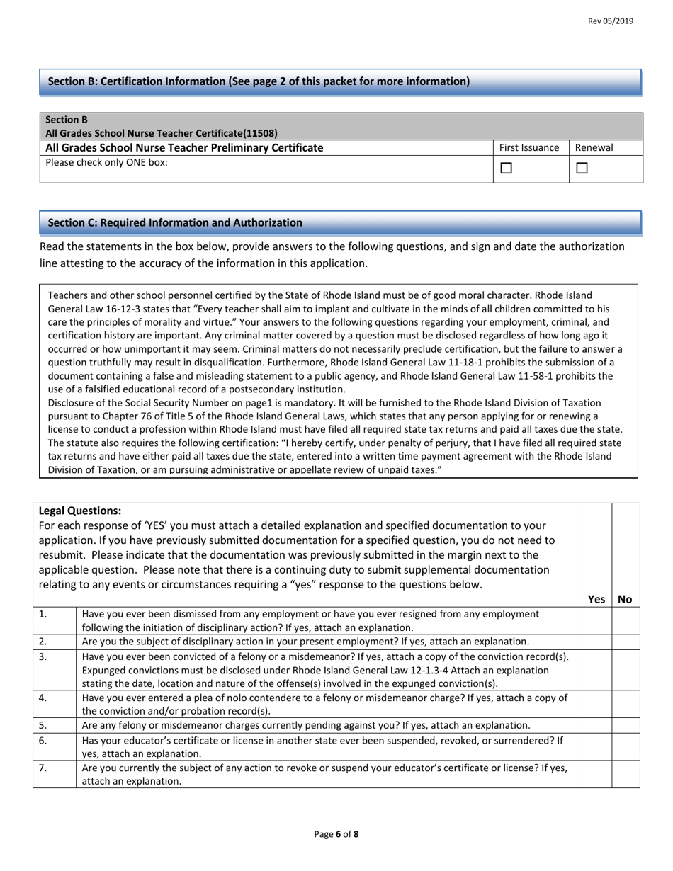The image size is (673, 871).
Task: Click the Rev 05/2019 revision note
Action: [x=611, y=21]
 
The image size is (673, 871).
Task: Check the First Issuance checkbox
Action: [x=506, y=169]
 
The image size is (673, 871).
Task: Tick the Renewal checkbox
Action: [x=582, y=169]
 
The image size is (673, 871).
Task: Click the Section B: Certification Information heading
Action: [x=258, y=81]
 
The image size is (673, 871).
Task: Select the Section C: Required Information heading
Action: [x=174, y=222]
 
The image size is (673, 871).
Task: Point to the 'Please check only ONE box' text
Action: [x=107, y=162]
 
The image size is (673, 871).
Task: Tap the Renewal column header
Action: [x=594, y=148]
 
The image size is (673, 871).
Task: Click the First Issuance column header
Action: [x=529, y=148]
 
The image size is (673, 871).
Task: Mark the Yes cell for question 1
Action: [x=596, y=620]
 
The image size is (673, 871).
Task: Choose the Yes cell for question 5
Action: [x=596, y=726]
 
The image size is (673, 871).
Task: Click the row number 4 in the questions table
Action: [x=43, y=698]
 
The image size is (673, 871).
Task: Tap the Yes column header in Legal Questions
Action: [x=596, y=599]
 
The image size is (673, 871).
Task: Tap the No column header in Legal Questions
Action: [x=625, y=599]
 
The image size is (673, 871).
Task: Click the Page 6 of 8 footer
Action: [x=336, y=834]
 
